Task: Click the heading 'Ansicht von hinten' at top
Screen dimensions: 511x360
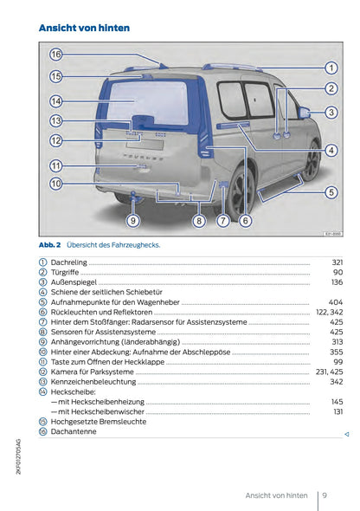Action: (x=85, y=28)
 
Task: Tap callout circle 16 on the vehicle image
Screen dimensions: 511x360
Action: (x=55, y=55)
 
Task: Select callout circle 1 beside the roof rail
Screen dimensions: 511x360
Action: (x=331, y=68)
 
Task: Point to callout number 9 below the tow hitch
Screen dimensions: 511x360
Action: (x=132, y=221)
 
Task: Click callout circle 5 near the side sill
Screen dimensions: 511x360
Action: (x=331, y=192)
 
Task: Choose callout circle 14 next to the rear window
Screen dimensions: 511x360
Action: (x=55, y=100)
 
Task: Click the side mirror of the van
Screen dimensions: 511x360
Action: (x=304, y=113)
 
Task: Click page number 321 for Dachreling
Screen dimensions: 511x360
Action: (x=337, y=262)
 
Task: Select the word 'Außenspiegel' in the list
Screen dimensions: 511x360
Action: (x=74, y=282)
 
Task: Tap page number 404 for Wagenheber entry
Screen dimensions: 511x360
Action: (x=337, y=303)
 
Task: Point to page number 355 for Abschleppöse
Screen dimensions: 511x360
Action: (x=337, y=353)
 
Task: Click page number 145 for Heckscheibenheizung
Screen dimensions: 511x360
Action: (x=337, y=402)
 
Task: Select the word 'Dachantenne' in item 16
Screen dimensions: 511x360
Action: (x=74, y=431)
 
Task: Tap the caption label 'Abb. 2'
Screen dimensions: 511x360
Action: (x=49, y=244)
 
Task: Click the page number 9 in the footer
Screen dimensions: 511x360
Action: (x=323, y=495)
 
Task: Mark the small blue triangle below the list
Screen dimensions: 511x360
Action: (x=346, y=432)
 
